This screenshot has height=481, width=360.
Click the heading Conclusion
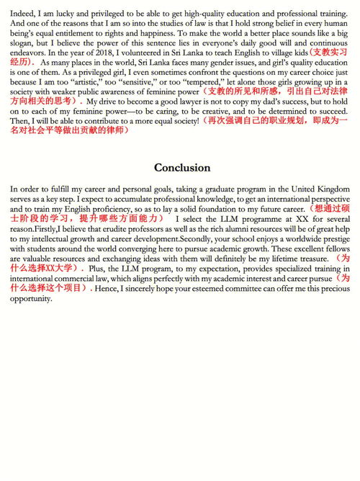(182, 167)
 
